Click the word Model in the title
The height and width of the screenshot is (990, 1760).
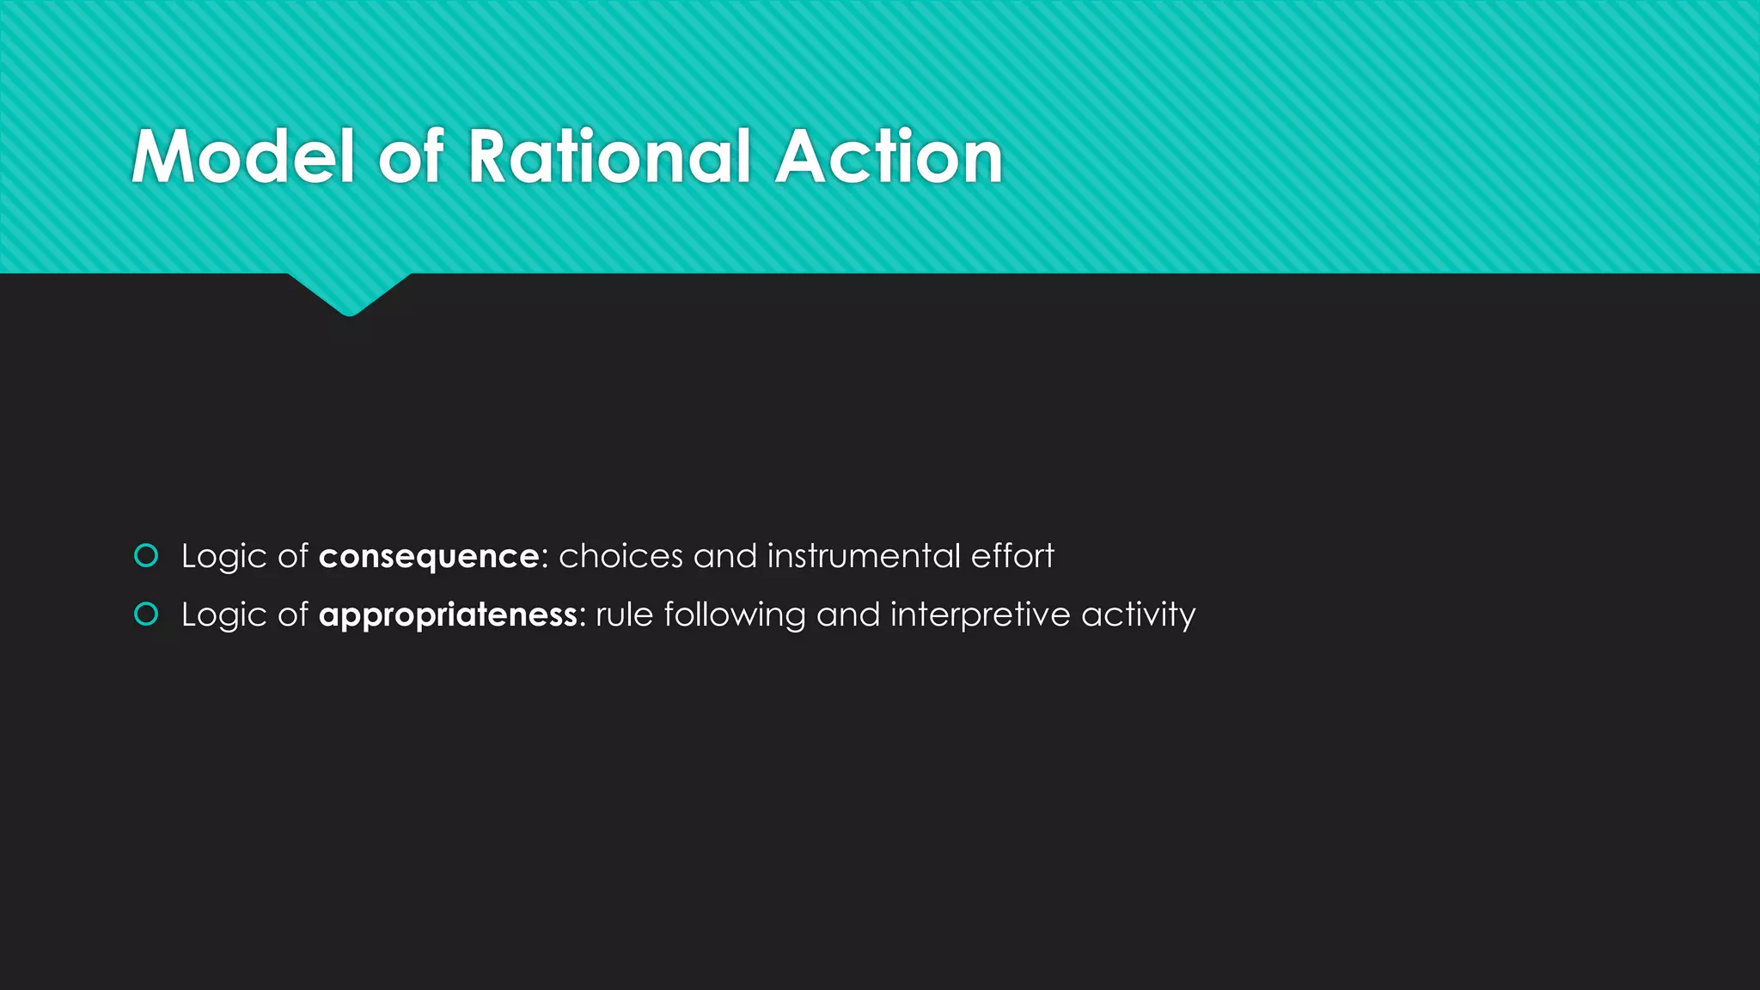point(243,156)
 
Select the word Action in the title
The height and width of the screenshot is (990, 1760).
point(889,156)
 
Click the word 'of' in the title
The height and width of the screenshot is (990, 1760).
point(412,156)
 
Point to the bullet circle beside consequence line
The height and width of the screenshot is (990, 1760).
point(147,556)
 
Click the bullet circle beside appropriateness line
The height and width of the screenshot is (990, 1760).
point(147,614)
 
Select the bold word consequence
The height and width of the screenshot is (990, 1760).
point(429,557)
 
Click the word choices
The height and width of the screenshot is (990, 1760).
point(620,556)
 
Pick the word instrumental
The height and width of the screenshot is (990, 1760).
point(863,556)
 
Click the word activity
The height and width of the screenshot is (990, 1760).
point(1138,615)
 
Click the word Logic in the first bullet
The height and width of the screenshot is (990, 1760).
point(223,557)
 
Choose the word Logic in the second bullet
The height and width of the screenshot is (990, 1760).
point(223,615)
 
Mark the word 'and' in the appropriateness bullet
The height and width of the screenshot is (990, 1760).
point(847,614)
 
